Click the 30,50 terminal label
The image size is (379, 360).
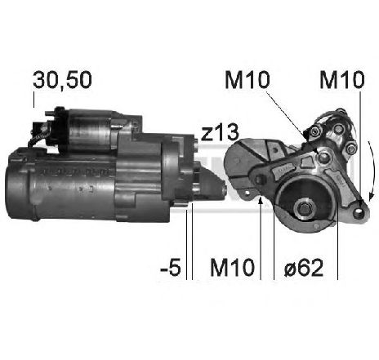tap(62, 80)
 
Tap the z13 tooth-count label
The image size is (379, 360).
tap(220, 133)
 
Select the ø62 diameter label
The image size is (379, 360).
tap(304, 267)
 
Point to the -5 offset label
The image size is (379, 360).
tap(171, 267)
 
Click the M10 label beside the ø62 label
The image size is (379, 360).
tap(232, 267)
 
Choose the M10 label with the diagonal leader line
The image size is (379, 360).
tap(247, 80)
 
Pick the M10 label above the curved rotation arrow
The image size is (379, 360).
tap(342, 80)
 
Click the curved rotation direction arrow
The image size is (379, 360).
tap(372, 170)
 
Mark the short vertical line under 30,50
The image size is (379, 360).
tap(34, 100)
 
